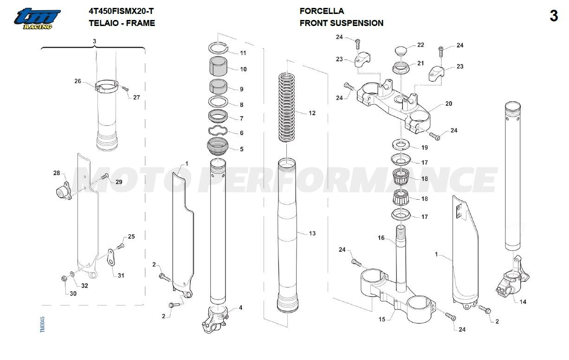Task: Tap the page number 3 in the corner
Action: tap(554, 16)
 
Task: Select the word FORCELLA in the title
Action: tap(322, 11)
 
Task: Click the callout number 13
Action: tap(312, 233)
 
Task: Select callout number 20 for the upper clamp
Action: tap(448, 104)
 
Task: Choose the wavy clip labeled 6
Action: tap(218, 132)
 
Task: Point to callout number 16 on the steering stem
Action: tap(381, 238)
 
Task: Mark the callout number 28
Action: tap(57, 173)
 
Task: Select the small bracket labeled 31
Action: tap(111, 258)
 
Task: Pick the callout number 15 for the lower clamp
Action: tap(382, 319)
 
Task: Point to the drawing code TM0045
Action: tap(43, 325)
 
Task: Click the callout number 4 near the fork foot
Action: tap(240, 308)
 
